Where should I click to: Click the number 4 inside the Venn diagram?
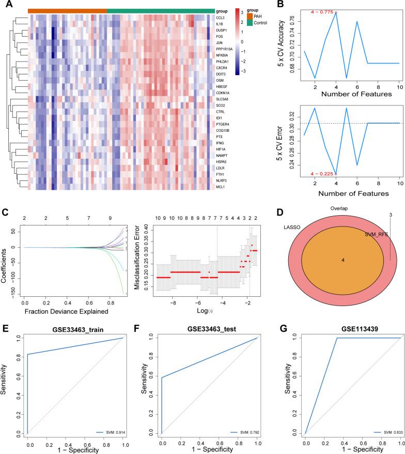(x=342, y=260)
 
